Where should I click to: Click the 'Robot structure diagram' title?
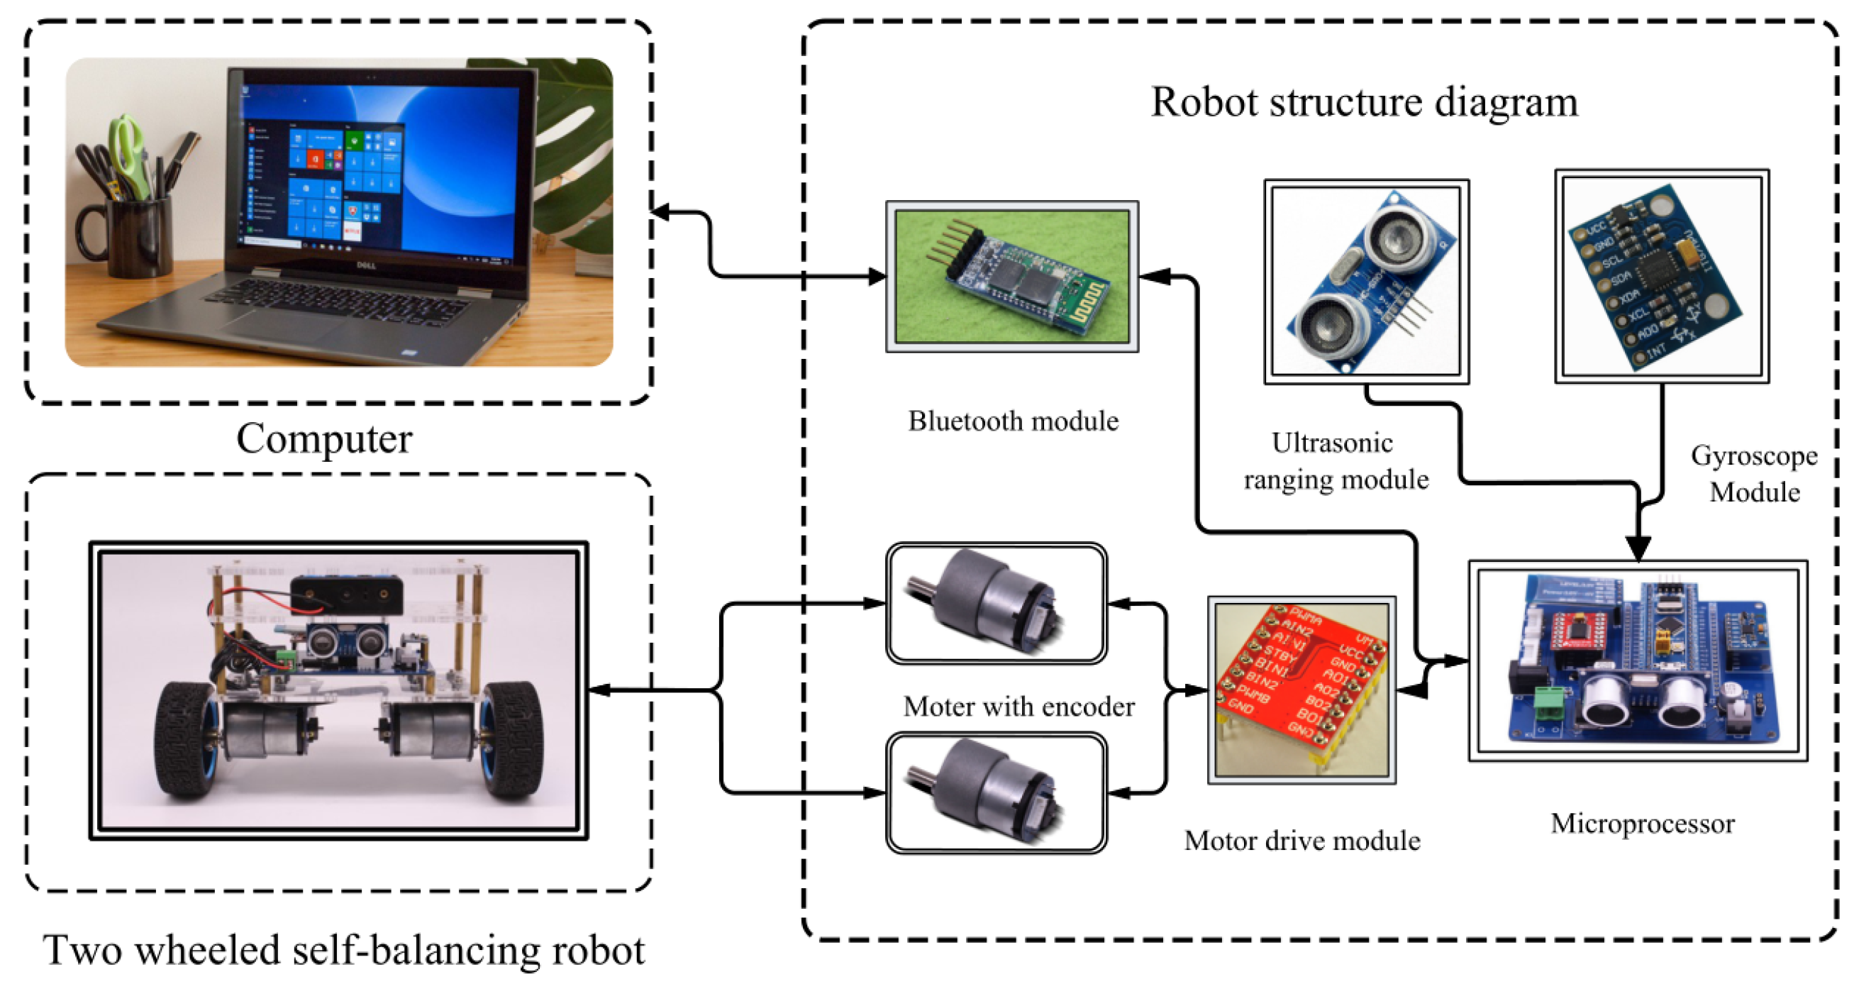(x=1364, y=101)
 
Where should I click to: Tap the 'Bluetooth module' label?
(x=1013, y=421)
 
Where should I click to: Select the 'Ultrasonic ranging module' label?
(x=1335, y=460)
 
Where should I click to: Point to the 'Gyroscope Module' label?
(x=1754, y=474)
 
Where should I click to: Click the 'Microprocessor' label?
(x=1643, y=824)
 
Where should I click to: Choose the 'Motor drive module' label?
(x=1302, y=841)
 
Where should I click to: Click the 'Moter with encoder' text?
(x=1018, y=707)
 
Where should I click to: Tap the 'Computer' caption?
(x=324, y=438)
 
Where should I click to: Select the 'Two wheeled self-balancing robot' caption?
(x=344, y=950)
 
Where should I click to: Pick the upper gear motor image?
(x=995, y=603)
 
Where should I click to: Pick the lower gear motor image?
(x=995, y=793)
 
